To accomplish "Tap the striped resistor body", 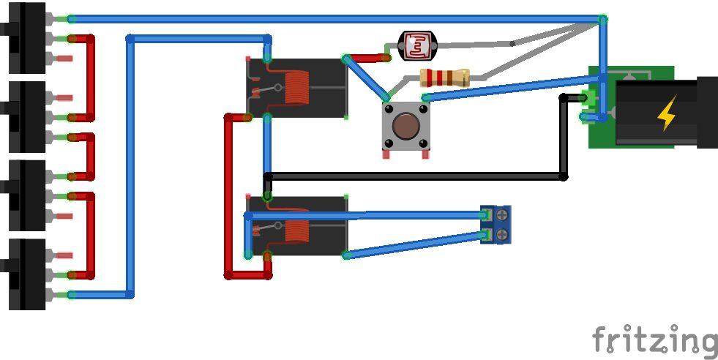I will tap(444, 78).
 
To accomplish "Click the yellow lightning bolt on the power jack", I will tap(667, 114).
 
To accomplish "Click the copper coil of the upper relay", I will tap(296, 88).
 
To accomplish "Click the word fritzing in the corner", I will tap(654, 342).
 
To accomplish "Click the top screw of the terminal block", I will tap(503, 215).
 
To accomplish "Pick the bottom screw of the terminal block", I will tap(503, 234).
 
